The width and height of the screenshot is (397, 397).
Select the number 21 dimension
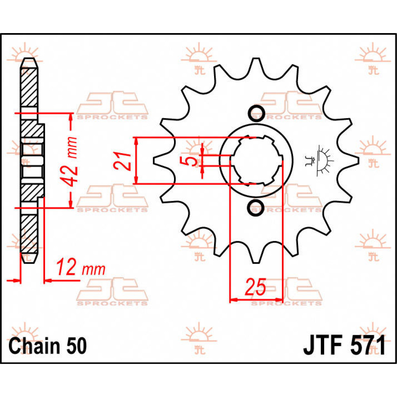[x=122, y=161]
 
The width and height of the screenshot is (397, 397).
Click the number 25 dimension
[x=255, y=287]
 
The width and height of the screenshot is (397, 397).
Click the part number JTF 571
[x=344, y=346]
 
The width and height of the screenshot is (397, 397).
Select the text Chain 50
[x=48, y=346]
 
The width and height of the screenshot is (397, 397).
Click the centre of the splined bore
[x=255, y=160]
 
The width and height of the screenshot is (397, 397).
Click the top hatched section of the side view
[x=29, y=86]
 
